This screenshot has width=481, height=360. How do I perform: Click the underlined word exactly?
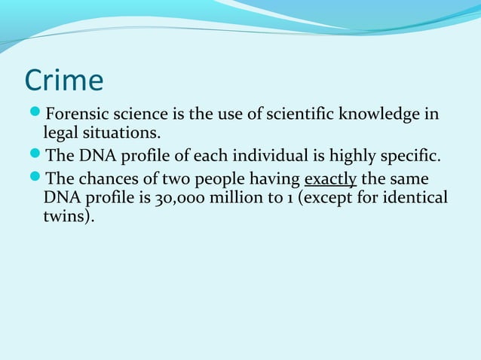point(329,181)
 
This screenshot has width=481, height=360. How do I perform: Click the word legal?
point(63,133)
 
